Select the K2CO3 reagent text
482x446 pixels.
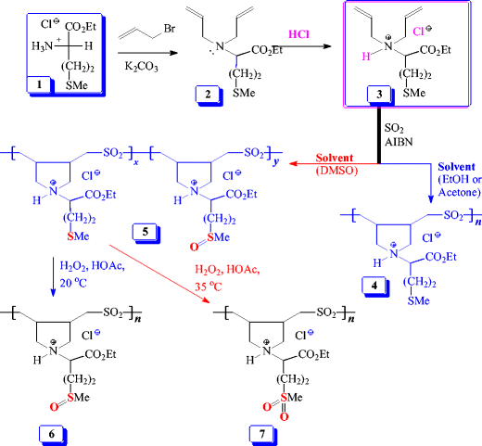click(142, 67)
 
